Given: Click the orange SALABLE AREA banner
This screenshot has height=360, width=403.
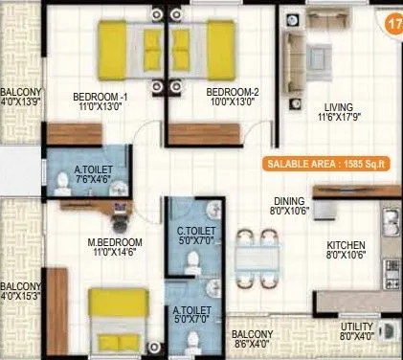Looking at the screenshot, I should (330, 164).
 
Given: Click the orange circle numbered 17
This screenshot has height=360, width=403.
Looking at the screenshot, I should (390, 26).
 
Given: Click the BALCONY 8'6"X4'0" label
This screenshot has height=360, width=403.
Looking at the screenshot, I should (254, 339).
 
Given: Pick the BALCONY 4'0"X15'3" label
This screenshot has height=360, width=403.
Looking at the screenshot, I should (21, 291).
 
